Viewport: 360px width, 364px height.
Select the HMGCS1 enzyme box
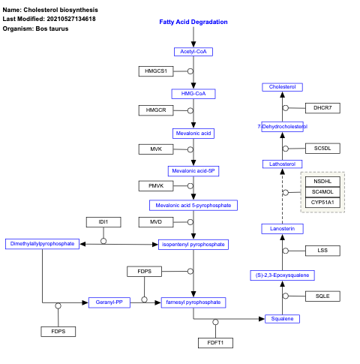tap(156, 71)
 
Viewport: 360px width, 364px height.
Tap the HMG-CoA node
tap(193, 94)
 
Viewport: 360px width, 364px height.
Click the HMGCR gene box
tap(156, 110)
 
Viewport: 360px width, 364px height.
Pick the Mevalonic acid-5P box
tap(193, 170)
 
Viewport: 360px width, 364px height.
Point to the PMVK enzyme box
tap(156, 185)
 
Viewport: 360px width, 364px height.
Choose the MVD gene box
tap(156, 222)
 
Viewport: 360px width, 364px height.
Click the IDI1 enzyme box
tap(103, 222)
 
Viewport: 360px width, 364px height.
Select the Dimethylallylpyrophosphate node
tap(42, 244)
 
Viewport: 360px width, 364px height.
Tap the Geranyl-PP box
tap(109, 302)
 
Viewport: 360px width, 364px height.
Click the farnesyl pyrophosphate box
tap(193, 302)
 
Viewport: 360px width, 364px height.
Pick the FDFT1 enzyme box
tap(215, 342)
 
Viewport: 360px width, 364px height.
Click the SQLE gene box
tap(322, 296)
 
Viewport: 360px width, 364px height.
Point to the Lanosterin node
tap(283, 228)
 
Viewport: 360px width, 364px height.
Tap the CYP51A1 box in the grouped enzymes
tap(322, 202)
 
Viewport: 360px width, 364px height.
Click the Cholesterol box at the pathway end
tap(283, 87)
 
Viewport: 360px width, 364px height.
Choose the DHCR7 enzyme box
tap(322, 108)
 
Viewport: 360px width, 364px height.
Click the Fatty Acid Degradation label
tap(193, 22)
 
